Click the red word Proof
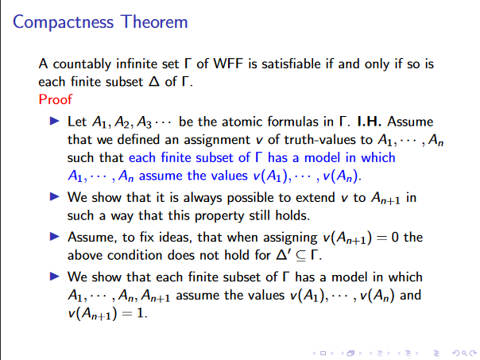(55, 99)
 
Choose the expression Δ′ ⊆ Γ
(311, 255)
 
